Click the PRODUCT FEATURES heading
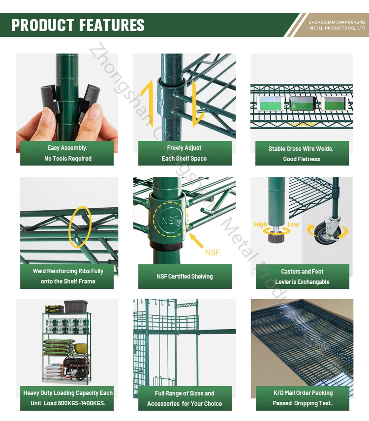[78, 25]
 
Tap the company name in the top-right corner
[337, 25]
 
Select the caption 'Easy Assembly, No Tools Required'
[67, 153]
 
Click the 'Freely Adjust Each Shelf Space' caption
[184, 153]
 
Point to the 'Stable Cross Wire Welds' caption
[301, 154]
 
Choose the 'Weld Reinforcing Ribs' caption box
[67, 276]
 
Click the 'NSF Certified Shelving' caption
[184, 277]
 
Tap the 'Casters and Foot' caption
[302, 277]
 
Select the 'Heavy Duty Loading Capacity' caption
[67, 398]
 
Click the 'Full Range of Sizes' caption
[184, 398]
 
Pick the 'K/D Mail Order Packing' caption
[303, 398]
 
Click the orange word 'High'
[261, 225]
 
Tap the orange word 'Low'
[293, 225]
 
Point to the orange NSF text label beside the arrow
[212, 253]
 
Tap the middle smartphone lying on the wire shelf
[302, 103]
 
